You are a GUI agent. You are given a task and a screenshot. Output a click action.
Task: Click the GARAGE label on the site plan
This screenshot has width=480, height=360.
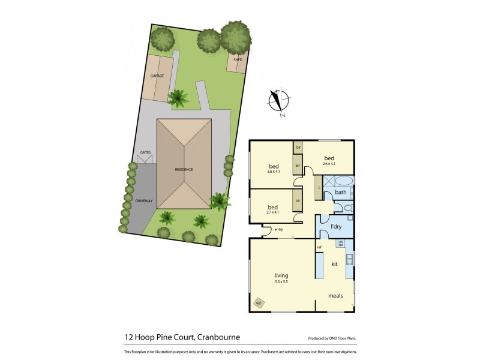[x=158, y=76]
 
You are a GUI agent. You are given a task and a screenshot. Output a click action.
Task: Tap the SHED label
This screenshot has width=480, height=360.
[x=238, y=60]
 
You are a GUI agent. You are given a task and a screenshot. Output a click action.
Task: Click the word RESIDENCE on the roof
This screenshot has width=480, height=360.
[x=184, y=170]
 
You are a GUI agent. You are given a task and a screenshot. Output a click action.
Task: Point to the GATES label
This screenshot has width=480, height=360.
[x=145, y=152]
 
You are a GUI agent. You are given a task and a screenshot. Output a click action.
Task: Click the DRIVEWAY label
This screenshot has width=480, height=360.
[x=143, y=200]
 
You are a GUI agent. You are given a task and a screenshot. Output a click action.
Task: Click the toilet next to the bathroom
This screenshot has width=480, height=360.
[x=347, y=208]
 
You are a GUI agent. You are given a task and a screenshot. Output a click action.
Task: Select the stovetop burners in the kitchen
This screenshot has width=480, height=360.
[x=341, y=244]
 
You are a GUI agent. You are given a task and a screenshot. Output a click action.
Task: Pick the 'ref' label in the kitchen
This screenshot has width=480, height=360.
[x=319, y=247]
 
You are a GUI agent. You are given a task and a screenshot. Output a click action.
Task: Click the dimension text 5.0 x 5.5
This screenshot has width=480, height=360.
[x=281, y=281]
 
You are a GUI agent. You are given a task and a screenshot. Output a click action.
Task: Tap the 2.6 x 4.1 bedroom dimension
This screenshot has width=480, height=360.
[x=329, y=163]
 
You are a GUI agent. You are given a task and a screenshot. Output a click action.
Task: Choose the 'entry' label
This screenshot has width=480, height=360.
[x=278, y=230]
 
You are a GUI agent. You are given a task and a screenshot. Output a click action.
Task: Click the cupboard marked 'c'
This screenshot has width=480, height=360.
[x=318, y=187]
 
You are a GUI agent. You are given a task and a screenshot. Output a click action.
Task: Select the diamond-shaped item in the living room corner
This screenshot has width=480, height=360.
[x=259, y=303]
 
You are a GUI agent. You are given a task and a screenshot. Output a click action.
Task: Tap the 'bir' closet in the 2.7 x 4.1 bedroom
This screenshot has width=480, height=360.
[x=297, y=200]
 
